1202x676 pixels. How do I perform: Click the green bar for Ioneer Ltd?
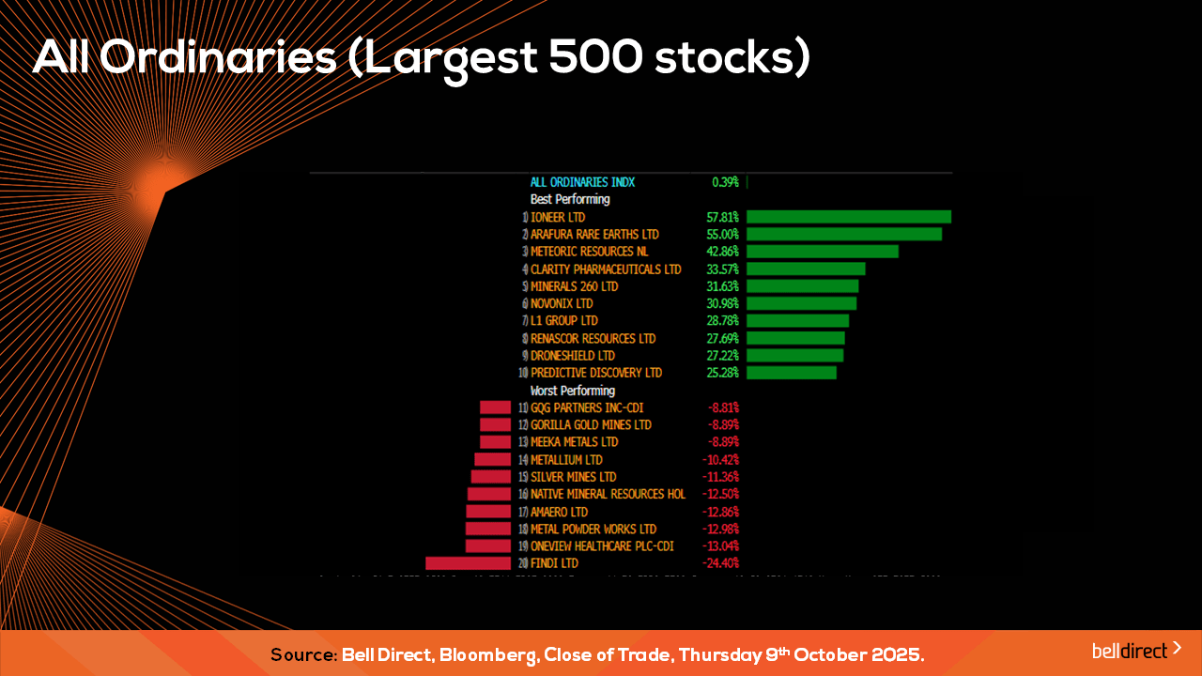tap(849, 217)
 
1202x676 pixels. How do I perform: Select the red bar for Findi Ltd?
tap(468, 563)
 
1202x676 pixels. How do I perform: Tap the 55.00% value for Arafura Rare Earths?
tap(722, 234)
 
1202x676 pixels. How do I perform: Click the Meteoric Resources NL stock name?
tap(589, 252)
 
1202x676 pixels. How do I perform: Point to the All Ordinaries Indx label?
tap(582, 182)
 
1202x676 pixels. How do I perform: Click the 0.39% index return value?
tap(725, 182)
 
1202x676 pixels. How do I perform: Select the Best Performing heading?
tap(570, 199)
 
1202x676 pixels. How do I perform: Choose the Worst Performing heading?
tap(573, 391)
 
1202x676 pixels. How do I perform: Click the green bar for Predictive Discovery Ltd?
tap(791, 373)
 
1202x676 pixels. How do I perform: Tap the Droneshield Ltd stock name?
tap(572, 356)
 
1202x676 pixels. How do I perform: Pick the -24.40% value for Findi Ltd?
tap(720, 563)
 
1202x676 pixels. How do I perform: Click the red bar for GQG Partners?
tap(495, 407)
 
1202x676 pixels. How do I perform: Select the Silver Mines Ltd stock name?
tap(573, 477)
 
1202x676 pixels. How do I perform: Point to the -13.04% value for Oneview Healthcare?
tap(720, 546)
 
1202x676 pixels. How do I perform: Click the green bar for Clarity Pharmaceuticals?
tap(806, 269)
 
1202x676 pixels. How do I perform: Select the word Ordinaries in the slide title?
tap(219, 58)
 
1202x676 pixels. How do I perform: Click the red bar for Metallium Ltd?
tap(492, 460)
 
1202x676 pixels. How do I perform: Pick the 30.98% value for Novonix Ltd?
tap(722, 303)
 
